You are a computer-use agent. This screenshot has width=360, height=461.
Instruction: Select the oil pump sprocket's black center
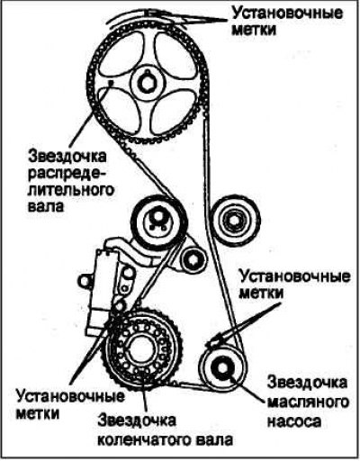click(221, 367)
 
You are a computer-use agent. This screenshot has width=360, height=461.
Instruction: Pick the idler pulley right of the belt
click(235, 221)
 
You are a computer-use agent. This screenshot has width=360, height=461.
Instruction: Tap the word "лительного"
click(71, 190)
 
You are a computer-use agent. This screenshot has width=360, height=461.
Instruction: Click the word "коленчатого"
click(145, 439)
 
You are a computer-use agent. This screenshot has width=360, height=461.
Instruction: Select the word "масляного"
click(308, 402)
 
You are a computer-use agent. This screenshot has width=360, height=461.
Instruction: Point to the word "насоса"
click(294, 420)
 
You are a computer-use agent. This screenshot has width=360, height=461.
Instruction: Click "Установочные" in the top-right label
click(287, 14)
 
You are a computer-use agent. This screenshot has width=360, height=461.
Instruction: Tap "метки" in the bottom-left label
click(38, 413)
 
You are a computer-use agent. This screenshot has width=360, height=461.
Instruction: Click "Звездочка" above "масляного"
click(308, 383)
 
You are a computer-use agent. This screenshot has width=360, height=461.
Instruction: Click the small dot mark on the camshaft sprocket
click(111, 81)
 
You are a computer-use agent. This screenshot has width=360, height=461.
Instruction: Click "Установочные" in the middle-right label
click(294, 276)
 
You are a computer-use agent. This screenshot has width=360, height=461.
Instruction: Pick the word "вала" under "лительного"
click(46, 206)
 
